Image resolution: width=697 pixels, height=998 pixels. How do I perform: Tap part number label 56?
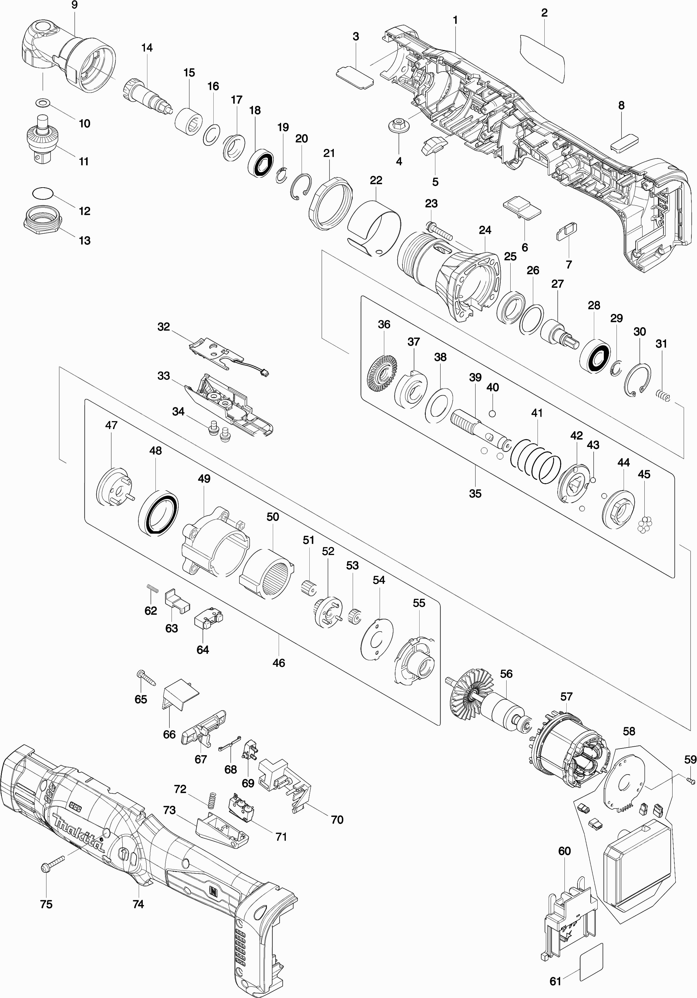(506, 674)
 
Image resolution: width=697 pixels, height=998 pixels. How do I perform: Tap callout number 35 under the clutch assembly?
(475, 493)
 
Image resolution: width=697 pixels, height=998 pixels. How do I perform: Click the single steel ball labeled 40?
(492, 413)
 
